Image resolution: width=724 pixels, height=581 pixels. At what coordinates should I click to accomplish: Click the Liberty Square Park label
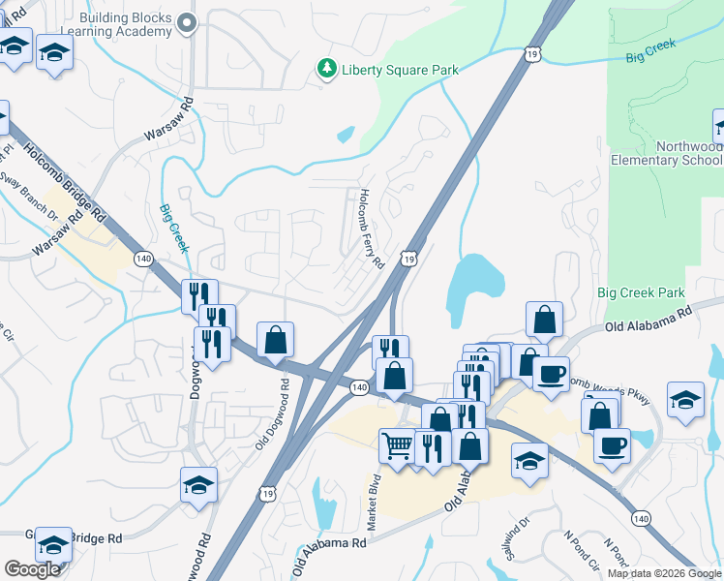(x=399, y=70)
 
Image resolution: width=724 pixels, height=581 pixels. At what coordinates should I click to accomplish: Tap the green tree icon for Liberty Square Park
(x=327, y=68)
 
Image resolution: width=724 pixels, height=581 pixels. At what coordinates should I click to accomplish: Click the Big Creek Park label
(x=641, y=292)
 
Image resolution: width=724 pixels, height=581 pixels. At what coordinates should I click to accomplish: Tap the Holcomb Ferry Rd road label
(x=372, y=229)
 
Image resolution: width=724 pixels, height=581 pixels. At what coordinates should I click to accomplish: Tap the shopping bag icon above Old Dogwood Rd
(x=276, y=339)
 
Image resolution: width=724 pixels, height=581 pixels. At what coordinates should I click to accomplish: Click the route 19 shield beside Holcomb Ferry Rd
(x=410, y=260)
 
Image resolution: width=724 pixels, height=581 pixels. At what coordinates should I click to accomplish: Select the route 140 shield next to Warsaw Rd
(x=143, y=259)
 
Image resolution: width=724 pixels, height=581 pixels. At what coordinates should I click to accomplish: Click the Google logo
(x=32, y=569)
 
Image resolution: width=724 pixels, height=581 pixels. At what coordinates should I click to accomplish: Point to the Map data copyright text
(x=664, y=573)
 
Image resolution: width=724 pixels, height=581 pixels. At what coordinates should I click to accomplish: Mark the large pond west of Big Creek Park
(x=473, y=287)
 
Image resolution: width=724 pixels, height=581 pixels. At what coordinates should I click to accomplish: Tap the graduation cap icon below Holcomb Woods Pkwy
(x=684, y=402)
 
